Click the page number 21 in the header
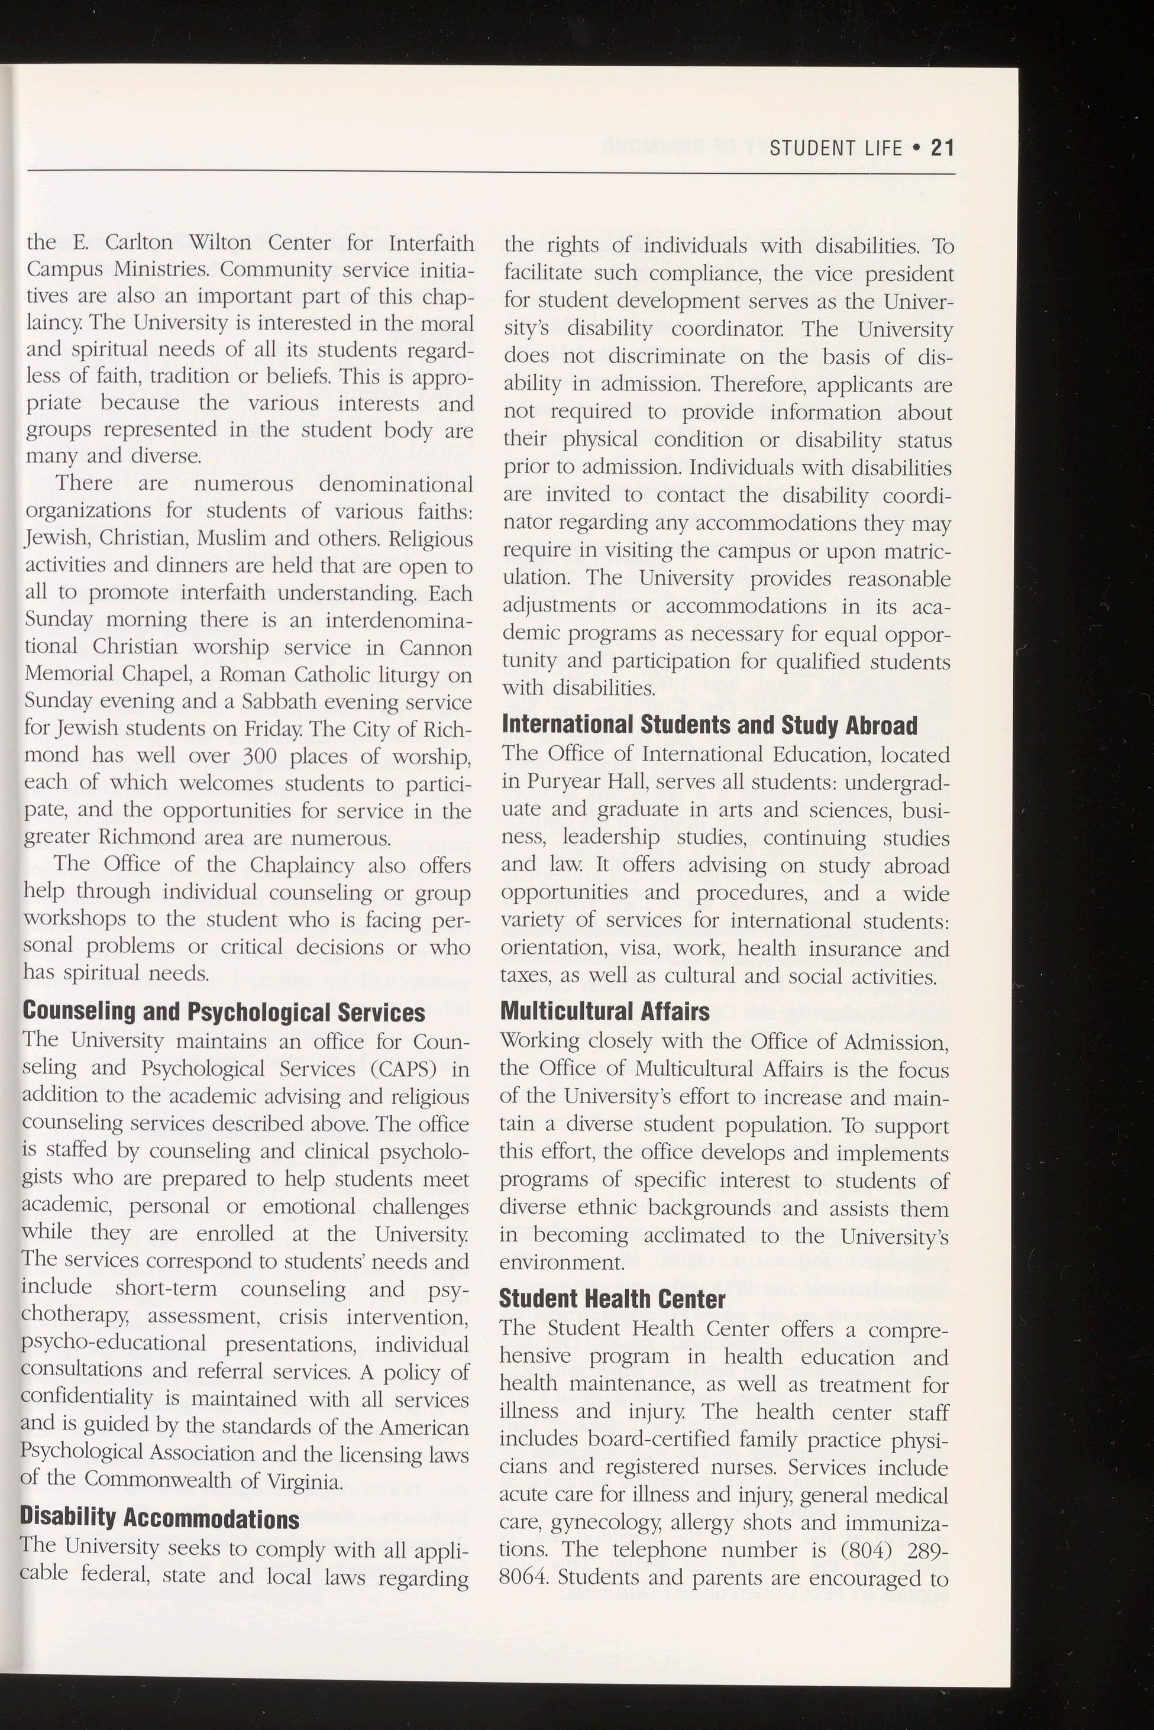(942, 148)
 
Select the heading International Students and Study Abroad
(709, 726)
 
